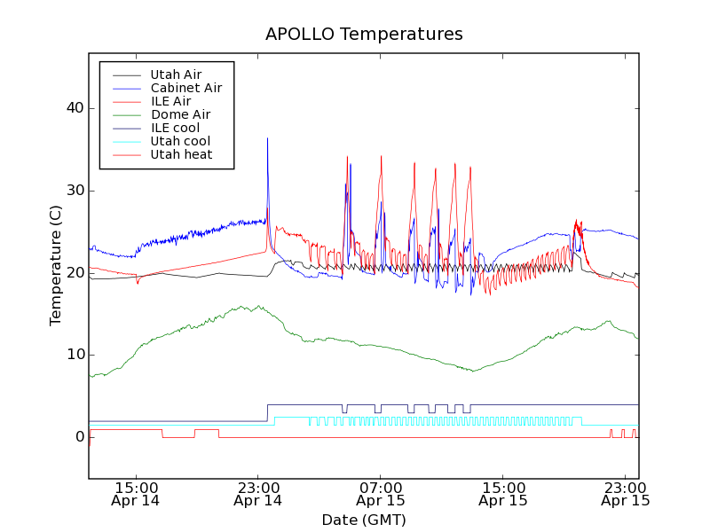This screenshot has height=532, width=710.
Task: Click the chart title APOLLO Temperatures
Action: [x=364, y=35]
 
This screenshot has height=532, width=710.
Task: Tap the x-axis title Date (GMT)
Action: [x=364, y=520]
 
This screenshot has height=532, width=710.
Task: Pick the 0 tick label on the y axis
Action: [x=78, y=437]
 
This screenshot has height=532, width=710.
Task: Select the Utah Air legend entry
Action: [x=176, y=74]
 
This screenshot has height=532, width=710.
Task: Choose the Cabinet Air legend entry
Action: [x=185, y=88]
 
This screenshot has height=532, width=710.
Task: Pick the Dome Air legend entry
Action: [x=180, y=114]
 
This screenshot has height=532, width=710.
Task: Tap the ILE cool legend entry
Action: [x=175, y=128]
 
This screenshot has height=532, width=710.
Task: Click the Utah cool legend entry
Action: [x=180, y=141]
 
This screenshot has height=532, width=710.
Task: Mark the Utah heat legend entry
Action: [x=180, y=154]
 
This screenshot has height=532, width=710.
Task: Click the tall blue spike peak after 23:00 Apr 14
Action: [x=267, y=138]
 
